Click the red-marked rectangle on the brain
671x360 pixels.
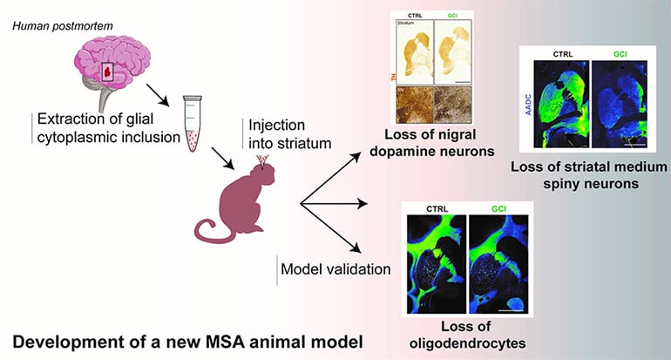(x=109, y=71)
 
